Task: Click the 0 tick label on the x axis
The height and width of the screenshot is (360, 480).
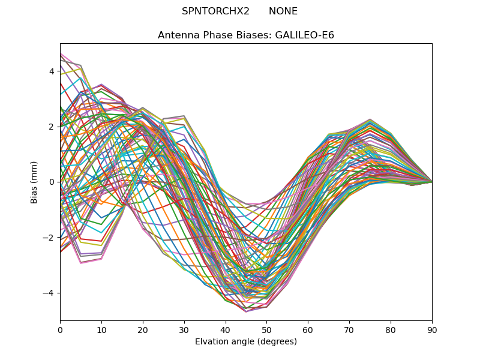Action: tap(60, 329)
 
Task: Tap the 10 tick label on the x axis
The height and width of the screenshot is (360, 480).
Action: tap(101, 329)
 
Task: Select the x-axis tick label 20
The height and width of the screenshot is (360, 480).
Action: tap(143, 329)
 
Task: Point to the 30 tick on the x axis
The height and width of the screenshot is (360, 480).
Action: tap(184, 329)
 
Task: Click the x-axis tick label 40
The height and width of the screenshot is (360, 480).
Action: tap(226, 329)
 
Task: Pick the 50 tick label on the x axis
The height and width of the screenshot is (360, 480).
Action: tap(266, 329)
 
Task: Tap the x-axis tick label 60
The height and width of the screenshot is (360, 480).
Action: tap(308, 329)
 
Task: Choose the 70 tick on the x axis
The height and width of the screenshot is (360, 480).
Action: tap(349, 329)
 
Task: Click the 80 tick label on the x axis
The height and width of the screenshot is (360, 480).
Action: tap(391, 329)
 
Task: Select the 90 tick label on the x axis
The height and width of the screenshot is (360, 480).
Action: tap(432, 329)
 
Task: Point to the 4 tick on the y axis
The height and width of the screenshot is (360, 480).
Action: tap(52, 71)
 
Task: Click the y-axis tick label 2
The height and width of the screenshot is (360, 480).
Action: tap(52, 127)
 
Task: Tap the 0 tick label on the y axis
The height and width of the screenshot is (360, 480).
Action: tap(52, 182)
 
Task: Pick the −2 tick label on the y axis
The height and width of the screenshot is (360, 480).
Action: tap(49, 238)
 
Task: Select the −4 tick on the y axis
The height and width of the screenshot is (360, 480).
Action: tap(49, 293)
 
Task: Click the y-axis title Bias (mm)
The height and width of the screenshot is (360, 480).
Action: tap(34, 182)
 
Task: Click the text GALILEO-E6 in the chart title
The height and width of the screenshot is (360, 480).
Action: tap(304, 35)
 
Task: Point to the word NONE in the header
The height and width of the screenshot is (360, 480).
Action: tap(283, 11)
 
